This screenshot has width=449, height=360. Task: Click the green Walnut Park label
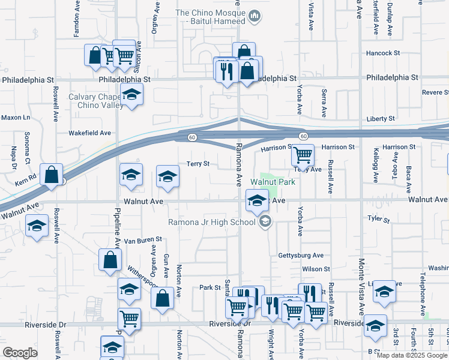[273, 181]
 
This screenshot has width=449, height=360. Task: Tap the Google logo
[20, 353]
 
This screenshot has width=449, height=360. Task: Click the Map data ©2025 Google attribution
[412, 355]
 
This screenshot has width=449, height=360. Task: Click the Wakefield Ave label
[90, 133]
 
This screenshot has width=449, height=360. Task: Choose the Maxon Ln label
[16, 118]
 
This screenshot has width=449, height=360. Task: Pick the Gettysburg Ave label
[301, 255]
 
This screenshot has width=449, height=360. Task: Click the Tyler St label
[379, 220]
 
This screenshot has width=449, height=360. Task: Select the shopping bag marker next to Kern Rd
[52, 175]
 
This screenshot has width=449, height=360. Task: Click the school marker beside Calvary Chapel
[131, 94]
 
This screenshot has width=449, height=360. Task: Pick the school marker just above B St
[376, 326]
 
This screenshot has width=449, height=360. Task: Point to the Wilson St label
[316, 269]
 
